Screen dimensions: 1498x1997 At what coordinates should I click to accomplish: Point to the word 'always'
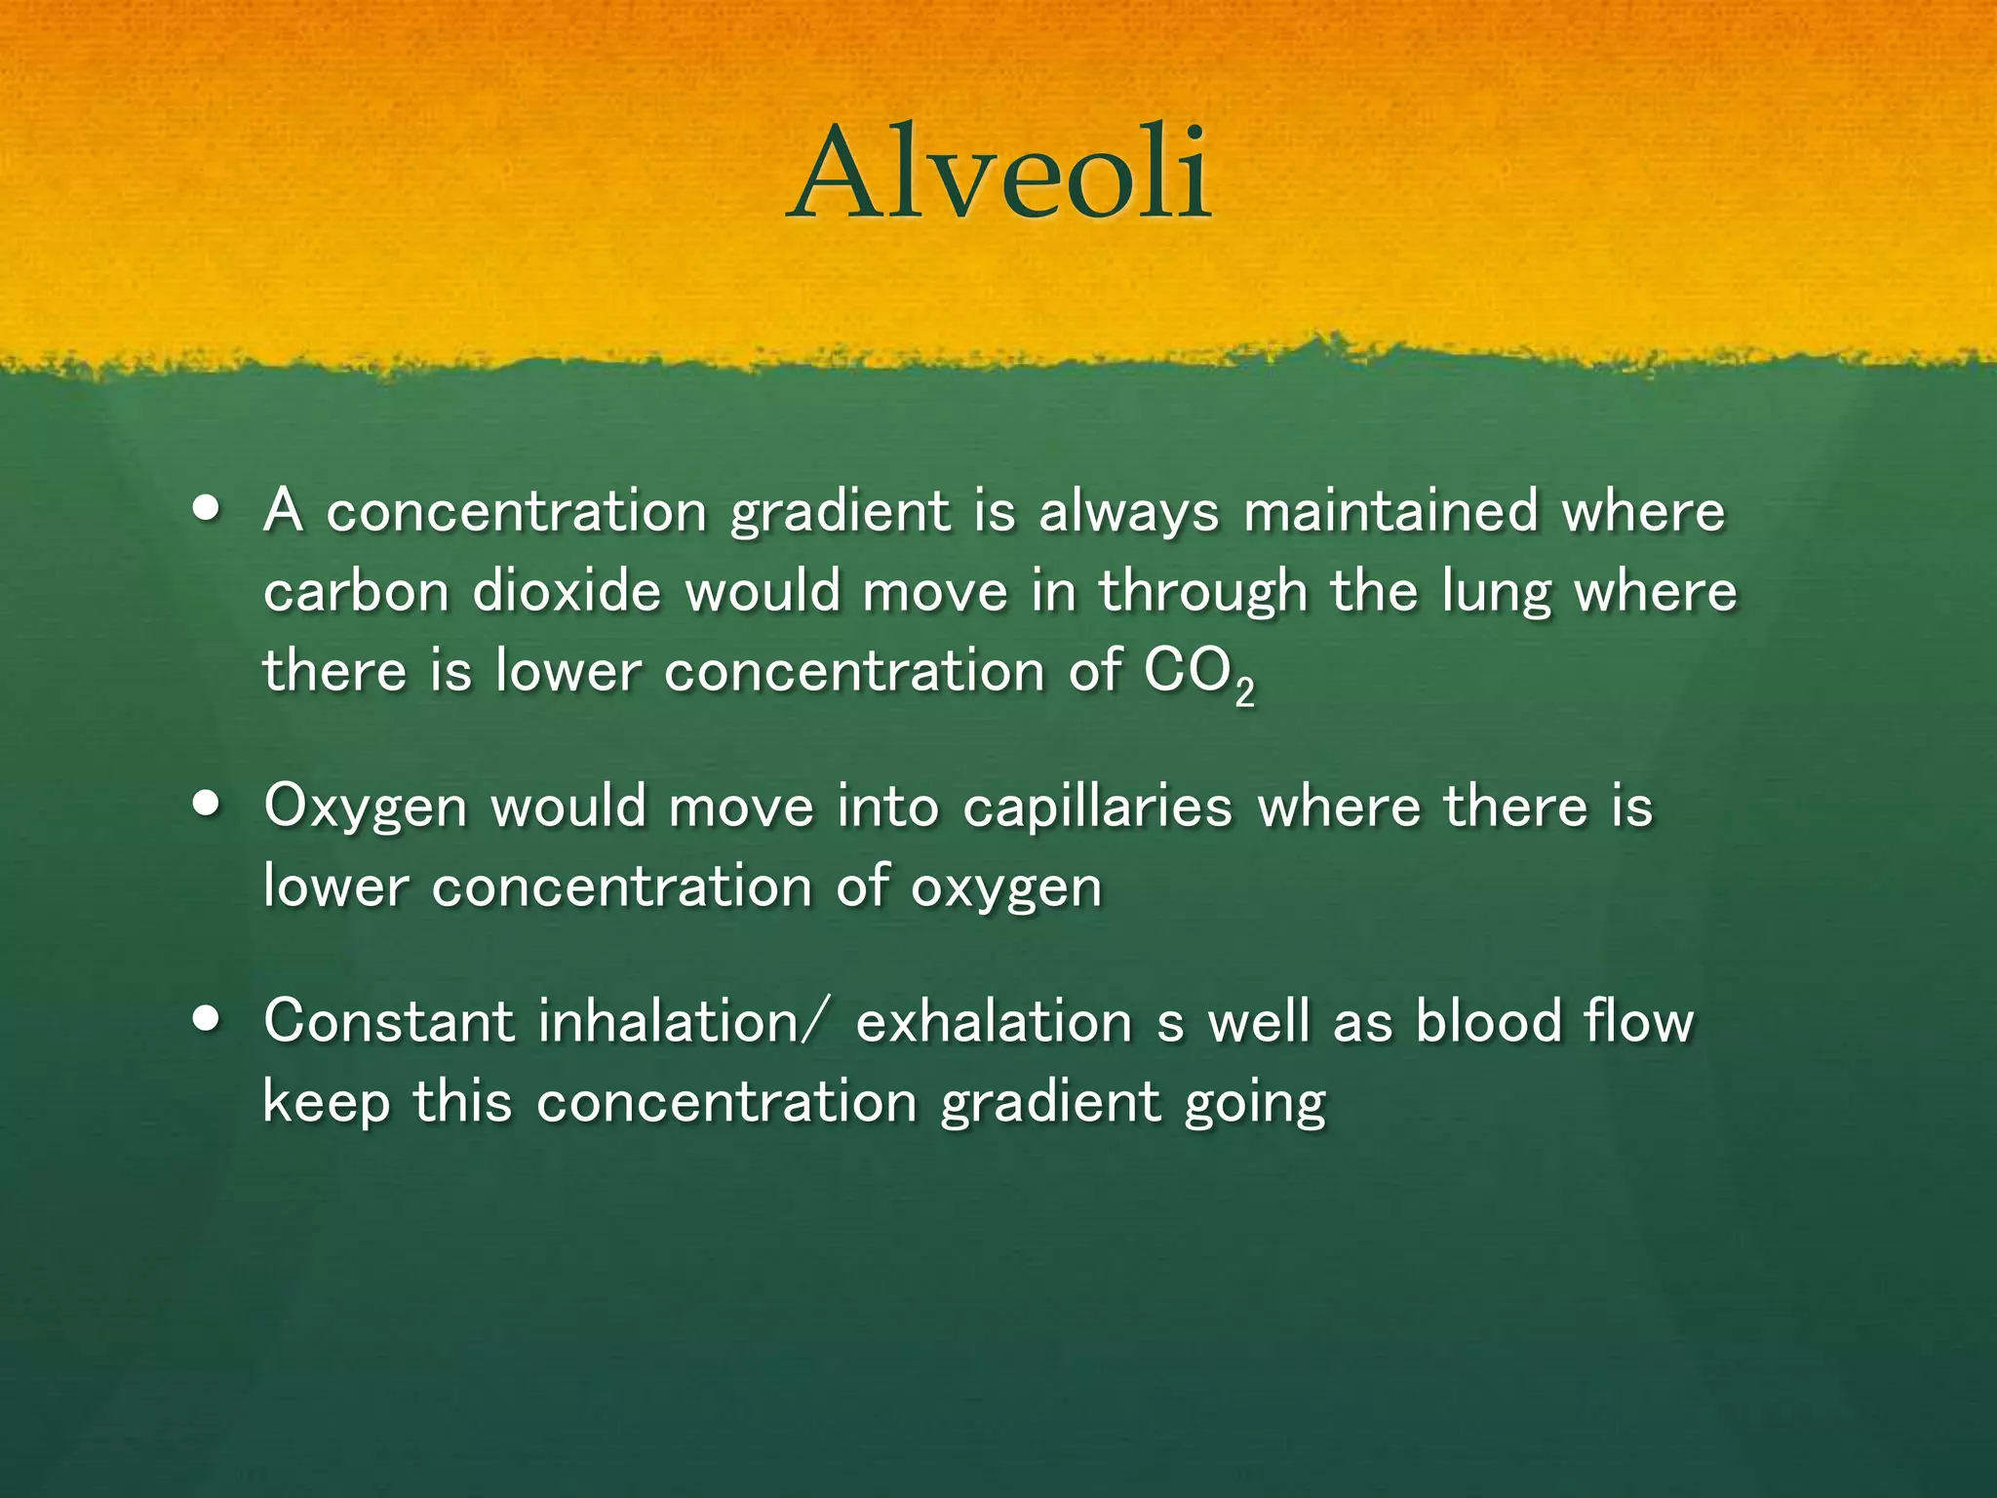pos(1128,513)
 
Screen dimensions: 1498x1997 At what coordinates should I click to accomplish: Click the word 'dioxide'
pos(567,592)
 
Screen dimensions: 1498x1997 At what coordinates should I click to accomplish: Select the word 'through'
pos(1203,594)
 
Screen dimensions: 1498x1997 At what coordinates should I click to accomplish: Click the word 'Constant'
pos(388,1022)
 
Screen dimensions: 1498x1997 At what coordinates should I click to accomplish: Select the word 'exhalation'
pos(994,1022)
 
